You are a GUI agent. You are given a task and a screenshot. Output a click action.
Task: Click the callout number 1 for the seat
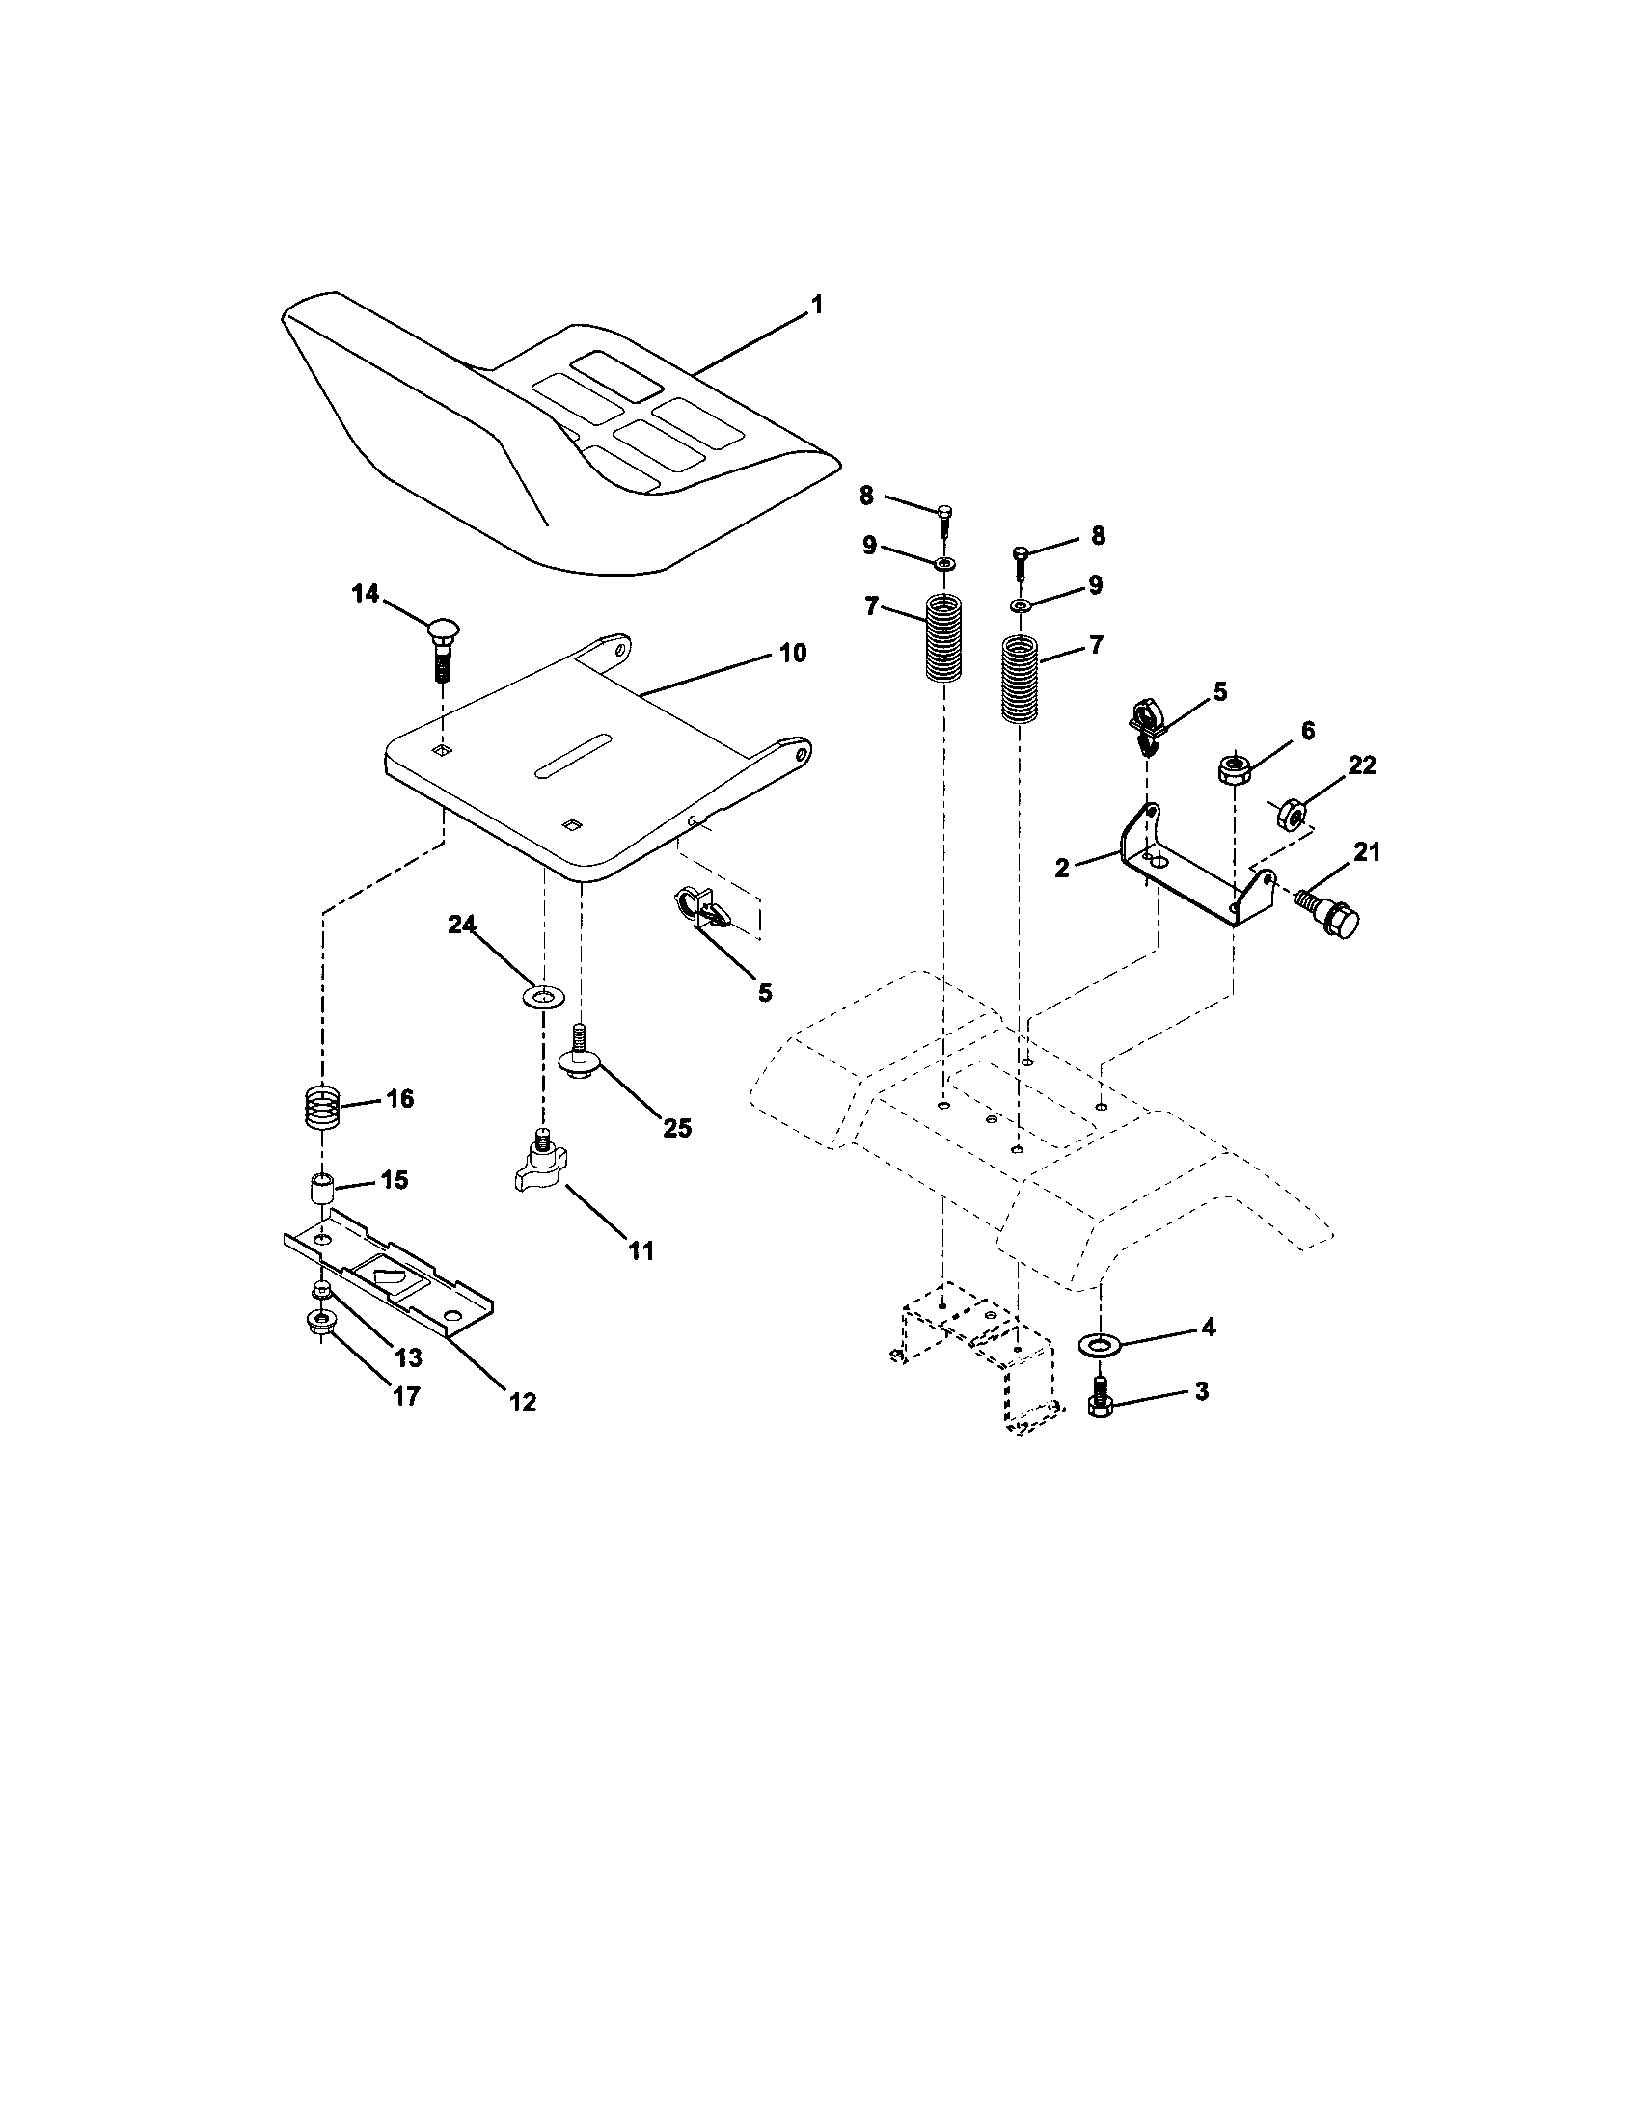[x=816, y=305]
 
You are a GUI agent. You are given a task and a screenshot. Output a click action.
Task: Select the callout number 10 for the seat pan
[x=793, y=653]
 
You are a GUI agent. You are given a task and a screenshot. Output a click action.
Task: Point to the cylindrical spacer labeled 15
[x=321, y=1191]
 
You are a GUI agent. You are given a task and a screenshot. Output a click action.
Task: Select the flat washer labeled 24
[x=543, y=997]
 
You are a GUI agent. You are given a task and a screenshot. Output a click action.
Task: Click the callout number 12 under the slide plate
[x=523, y=1402]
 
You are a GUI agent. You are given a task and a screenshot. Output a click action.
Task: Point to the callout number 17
[x=406, y=1396]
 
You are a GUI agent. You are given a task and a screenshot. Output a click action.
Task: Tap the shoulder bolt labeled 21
[x=1328, y=910]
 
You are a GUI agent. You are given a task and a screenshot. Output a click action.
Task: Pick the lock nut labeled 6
[x=1234, y=771]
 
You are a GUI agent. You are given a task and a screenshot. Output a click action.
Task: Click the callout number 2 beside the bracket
[x=1062, y=869]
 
